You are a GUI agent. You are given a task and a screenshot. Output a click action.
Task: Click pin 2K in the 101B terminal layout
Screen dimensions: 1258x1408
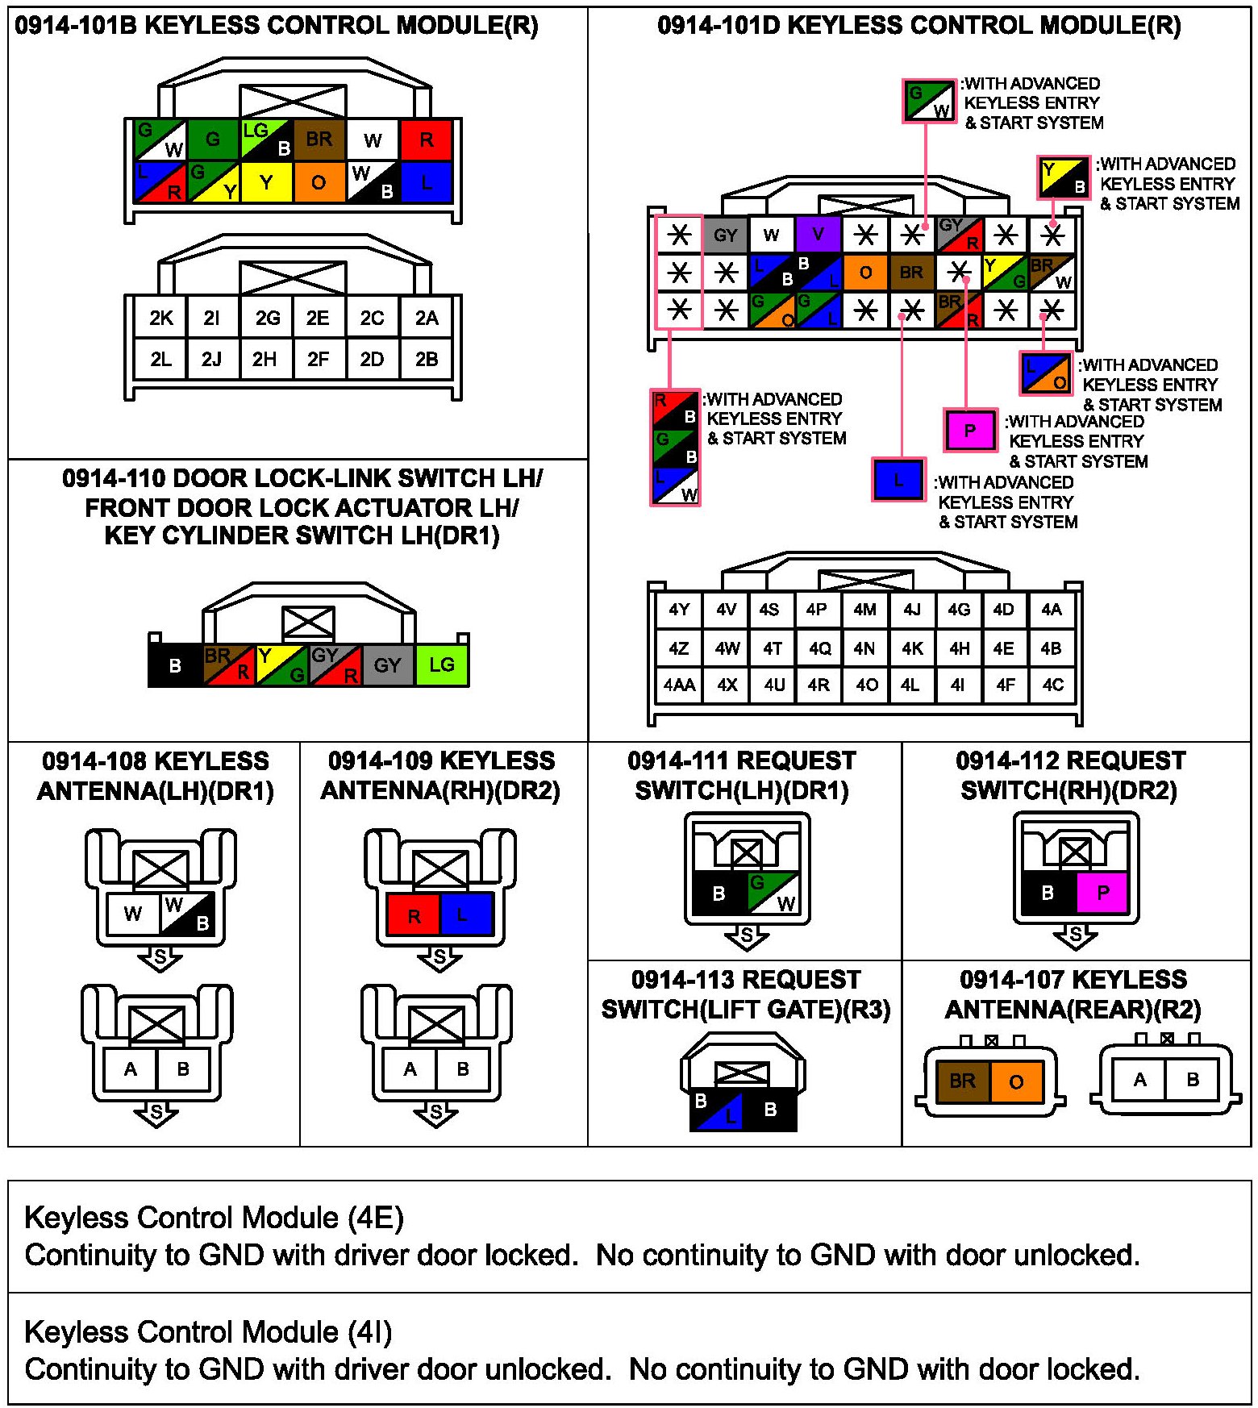pos(160,318)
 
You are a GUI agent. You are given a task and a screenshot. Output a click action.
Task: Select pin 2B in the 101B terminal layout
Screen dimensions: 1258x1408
pos(427,359)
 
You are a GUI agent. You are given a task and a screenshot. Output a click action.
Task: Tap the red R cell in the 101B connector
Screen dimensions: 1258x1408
pos(426,140)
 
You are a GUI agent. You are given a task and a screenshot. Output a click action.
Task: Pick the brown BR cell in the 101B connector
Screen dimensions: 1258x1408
pos(319,140)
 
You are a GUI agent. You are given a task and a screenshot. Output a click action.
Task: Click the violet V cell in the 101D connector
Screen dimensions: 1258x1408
pos(818,235)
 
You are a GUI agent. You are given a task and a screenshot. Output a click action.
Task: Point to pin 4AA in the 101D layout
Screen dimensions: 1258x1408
pos(679,685)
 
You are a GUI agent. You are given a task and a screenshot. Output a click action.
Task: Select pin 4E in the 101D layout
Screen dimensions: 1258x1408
pos(1004,648)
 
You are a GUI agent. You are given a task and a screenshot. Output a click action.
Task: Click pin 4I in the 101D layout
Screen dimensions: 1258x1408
pos(958,685)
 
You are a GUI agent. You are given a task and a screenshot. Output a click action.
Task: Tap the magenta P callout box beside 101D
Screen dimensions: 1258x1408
pos(970,430)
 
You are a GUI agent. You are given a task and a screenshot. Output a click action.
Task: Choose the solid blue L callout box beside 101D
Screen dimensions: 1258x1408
pos(898,481)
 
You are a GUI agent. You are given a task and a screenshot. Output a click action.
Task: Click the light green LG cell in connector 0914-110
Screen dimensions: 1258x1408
pos(442,665)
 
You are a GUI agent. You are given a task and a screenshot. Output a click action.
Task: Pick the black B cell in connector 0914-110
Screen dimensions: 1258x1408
pos(175,665)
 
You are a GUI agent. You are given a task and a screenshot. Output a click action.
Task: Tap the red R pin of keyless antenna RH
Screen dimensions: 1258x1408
pos(414,915)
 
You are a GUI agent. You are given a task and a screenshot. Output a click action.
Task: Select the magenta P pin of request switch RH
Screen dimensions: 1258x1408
pos(1102,893)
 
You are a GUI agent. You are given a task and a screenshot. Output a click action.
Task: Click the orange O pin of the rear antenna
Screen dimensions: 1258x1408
pos(1016,1081)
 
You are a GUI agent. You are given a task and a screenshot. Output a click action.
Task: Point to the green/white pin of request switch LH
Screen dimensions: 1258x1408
pos(773,893)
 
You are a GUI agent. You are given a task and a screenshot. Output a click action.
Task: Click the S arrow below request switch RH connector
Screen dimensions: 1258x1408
pos(1075,936)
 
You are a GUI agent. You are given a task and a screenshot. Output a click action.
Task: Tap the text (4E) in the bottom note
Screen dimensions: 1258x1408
pos(375,1218)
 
